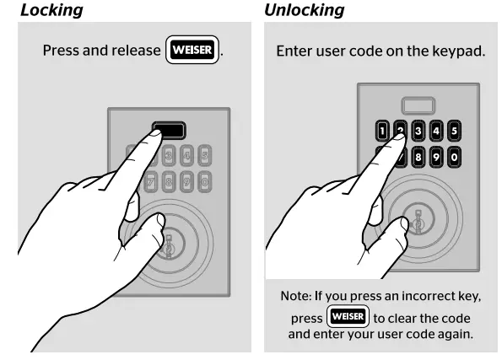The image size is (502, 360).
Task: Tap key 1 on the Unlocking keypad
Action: (381, 131)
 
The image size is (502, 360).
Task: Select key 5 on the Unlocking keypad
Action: (455, 131)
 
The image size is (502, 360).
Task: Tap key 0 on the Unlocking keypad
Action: (455, 156)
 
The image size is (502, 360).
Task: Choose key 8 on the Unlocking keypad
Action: (418, 156)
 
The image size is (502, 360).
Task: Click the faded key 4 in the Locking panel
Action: (187, 156)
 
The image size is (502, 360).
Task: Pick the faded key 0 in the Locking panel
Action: (205, 180)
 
